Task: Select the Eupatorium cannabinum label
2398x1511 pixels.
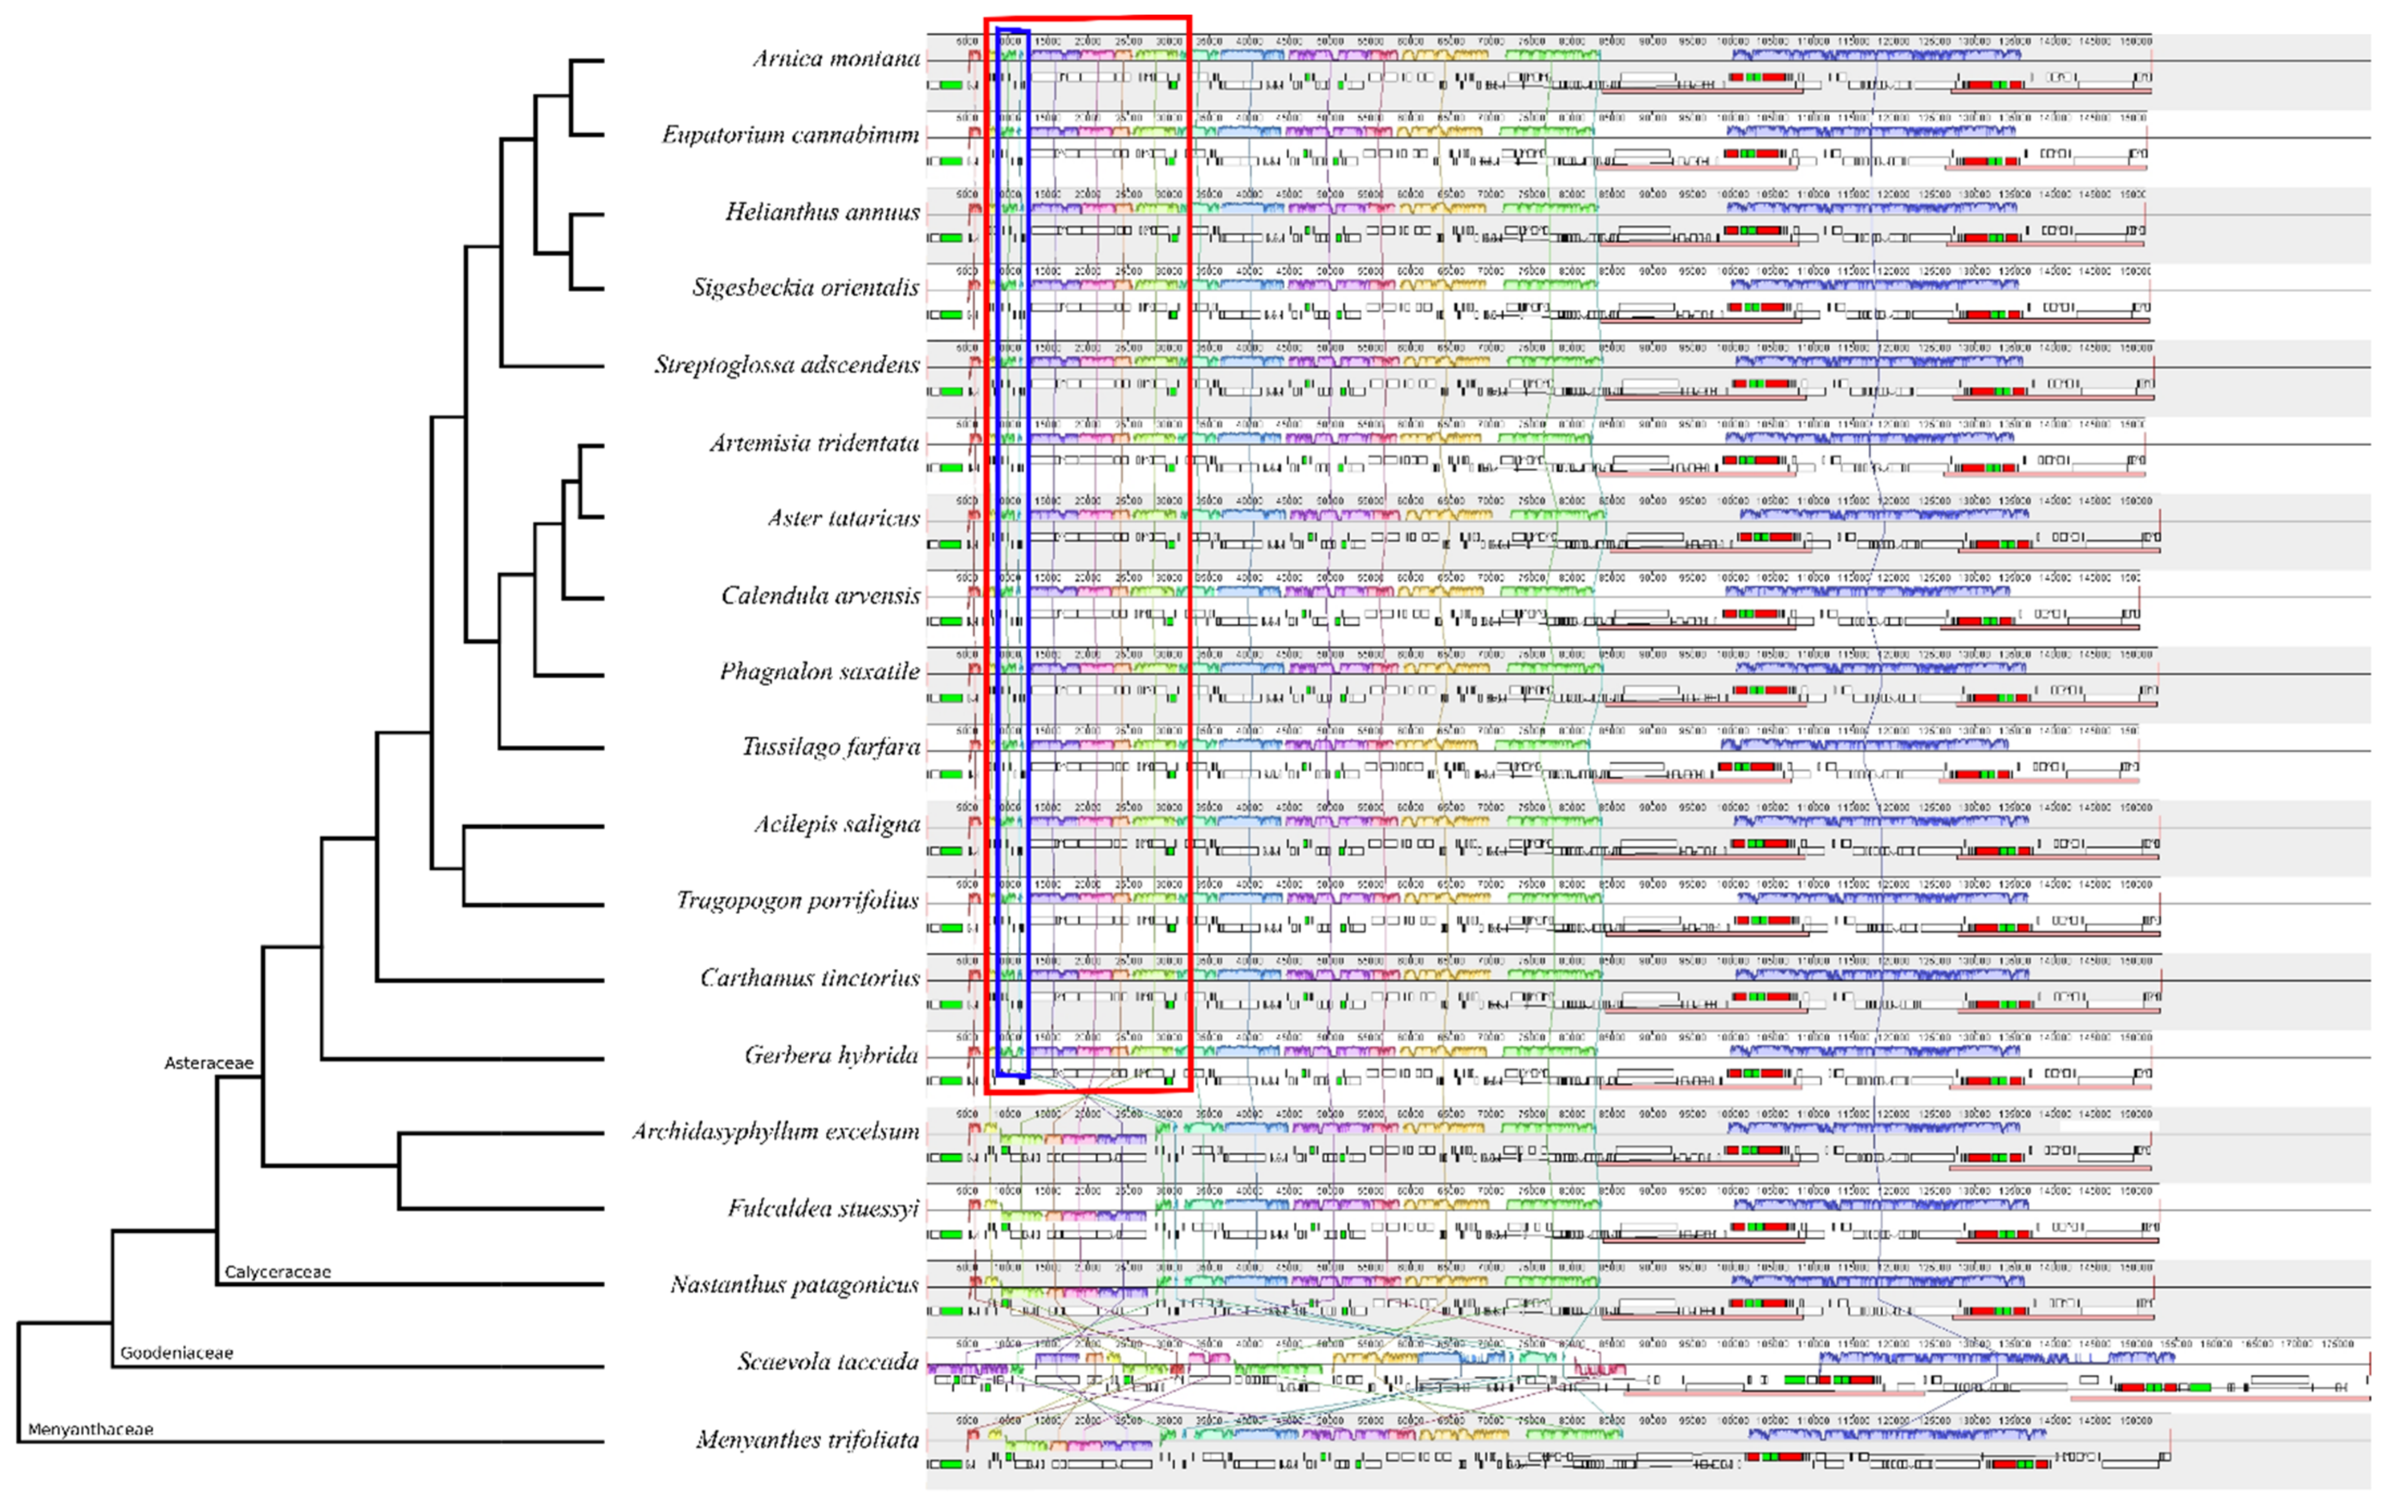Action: (x=790, y=135)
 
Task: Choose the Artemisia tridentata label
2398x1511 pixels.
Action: (x=814, y=442)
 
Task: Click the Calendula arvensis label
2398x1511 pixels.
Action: (x=820, y=596)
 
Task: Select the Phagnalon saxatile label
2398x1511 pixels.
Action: (x=820, y=671)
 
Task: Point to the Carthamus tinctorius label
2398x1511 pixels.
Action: (x=809, y=978)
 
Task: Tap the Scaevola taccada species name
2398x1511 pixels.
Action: (x=827, y=1362)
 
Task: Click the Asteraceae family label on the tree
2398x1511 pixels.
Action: (x=208, y=1063)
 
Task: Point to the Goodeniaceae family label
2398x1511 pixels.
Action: (x=176, y=1352)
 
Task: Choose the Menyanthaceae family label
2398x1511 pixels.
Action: (x=91, y=1430)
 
